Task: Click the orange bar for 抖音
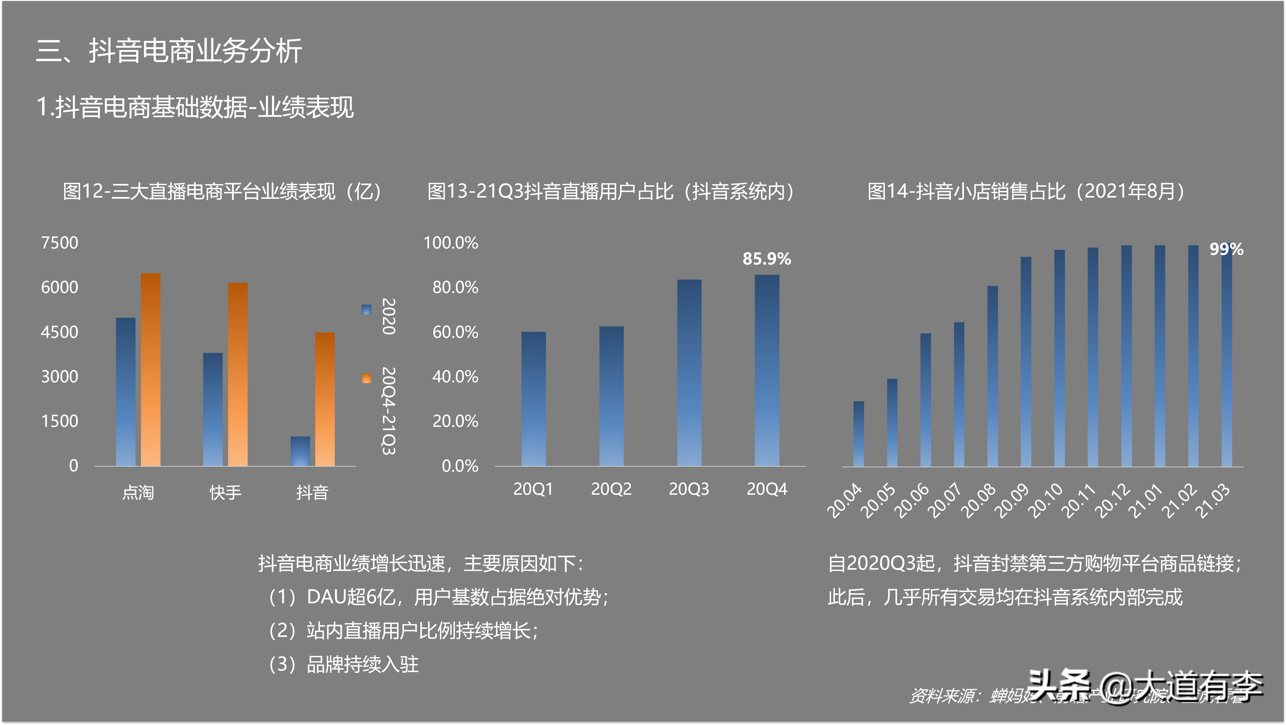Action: click(325, 399)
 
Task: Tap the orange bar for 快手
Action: click(238, 374)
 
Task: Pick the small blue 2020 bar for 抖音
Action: click(300, 451)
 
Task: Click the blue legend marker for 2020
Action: click(367, 309)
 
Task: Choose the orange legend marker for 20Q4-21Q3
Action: click(367, 378)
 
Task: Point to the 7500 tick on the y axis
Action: click(59, 243)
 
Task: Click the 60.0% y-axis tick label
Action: click(455, 332)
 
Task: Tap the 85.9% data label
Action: click(766, 258)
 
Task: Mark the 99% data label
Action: click(1226, 249)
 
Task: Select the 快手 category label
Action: click(225, 493)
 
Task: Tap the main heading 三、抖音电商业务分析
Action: click(169, 51)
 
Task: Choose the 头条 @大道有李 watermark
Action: click(1143, 686)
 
